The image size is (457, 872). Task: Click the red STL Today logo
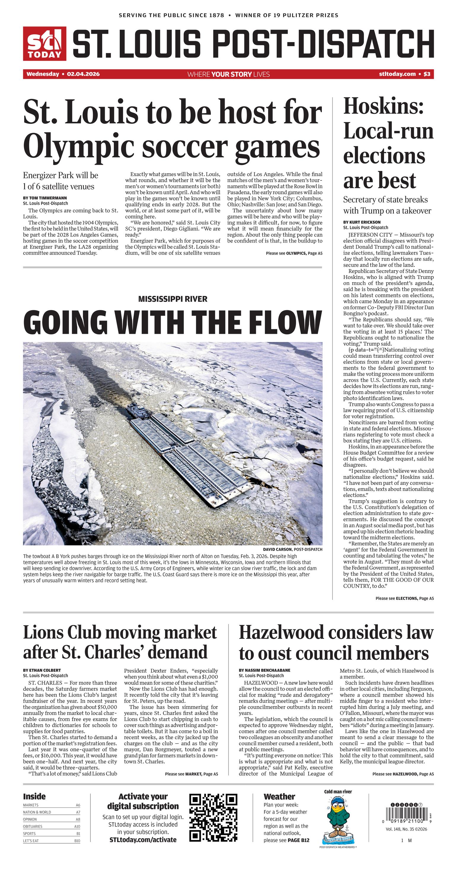pyautogui.click(x=44, y=44)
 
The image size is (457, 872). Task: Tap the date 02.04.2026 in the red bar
pyautogui.click(x=83, y=74)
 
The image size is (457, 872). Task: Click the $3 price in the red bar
pyautogui.click(x=427, y=74)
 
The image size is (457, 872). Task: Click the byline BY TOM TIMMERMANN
pyautogui.click(x=45, y=198)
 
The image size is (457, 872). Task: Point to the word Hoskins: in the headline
pyautogui.click(x=383, y=106)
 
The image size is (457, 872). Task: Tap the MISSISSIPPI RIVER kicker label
pyautogui.click(x=172, y=299)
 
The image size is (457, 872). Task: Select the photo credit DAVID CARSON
pyautogui.click(x=277, y=549)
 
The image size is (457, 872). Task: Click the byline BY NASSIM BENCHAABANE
pyautogui.click(x=264, y=670)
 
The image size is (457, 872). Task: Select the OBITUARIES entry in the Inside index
pyautogui.click(x=33, y=826)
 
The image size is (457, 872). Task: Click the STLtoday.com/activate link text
pyautogui.click(x=143, y=839)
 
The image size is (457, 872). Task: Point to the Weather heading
pyautogui.click(x=279, y=796)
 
